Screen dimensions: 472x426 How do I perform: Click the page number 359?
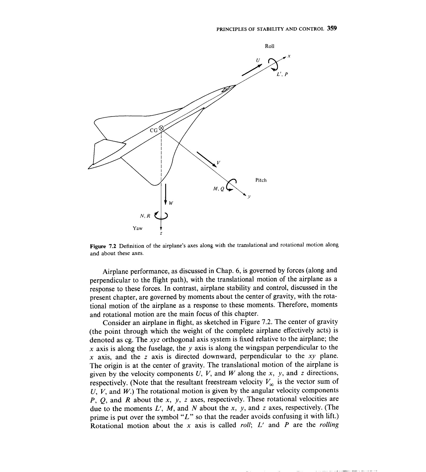click(x=332, y=28)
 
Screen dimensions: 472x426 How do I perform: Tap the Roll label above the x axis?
click(x=269, y=46)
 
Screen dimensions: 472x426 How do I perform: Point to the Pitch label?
click(x=261, y=180)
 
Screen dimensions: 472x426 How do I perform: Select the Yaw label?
click(x=137, y=228)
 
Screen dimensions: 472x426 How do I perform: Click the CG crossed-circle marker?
click(x=161, y=128)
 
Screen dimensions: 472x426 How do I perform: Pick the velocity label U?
click(x=258, y=60)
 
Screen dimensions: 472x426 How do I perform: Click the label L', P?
click(x=282, y=74)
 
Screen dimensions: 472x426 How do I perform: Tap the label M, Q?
click(x=219, y=189)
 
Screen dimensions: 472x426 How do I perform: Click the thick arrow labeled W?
click(x=166, y=194)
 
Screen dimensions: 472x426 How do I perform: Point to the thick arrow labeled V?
click(x=207, y=158)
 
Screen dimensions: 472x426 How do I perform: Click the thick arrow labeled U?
click(x=252, y=71)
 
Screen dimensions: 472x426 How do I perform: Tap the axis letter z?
click(x=161, y=233)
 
